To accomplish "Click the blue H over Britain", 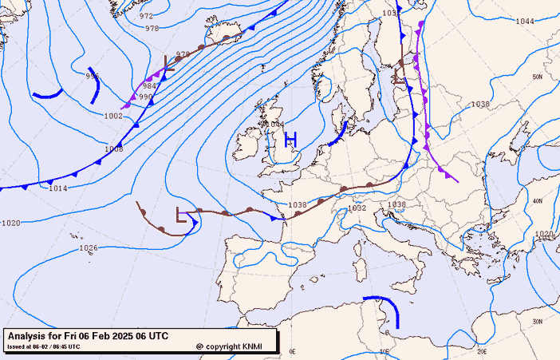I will (x=291, y=140).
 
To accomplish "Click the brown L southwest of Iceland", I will (x=169, y=63).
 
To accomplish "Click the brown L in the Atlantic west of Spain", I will (x=182, y=216).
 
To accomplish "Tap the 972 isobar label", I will (x=146, y=16).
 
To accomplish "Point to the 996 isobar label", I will (x=93, y=76).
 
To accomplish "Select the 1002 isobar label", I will (x=113, y=117).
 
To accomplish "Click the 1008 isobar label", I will (x=113, y=149).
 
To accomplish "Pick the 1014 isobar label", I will (x=57, y=188).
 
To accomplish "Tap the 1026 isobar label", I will (x=89, y=248).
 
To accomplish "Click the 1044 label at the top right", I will (x=525, y=21).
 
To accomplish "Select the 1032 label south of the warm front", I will (x=357, y=208).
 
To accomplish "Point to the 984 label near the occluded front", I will (x=149, y=86).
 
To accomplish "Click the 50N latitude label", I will (x=538, y=77).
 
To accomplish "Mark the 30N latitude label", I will (x=538, y=321).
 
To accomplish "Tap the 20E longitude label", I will (x=482, y=350).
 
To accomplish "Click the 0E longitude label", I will (x=292, y=350).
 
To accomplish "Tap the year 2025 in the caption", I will (x=116, y=337).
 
